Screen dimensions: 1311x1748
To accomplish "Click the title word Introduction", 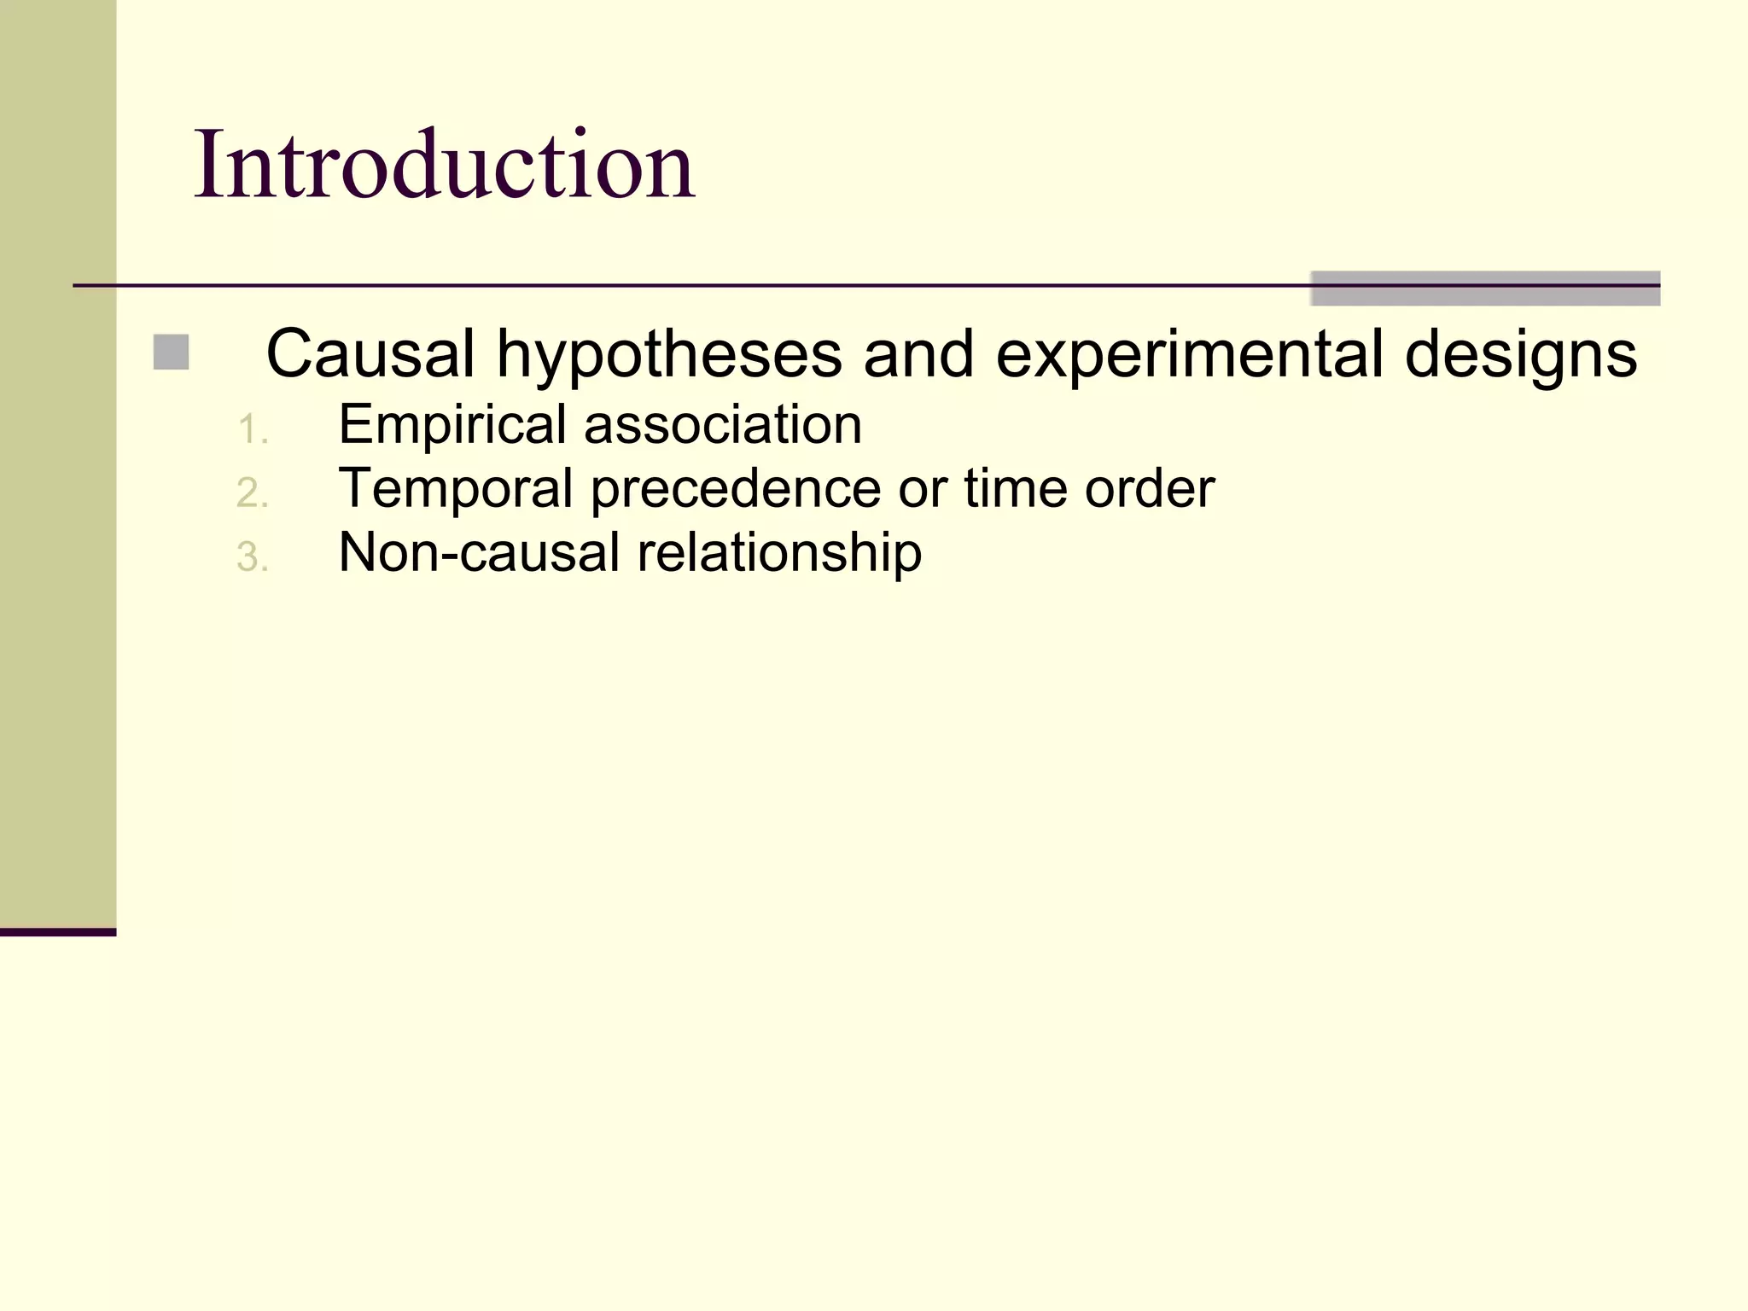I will click(444, 164).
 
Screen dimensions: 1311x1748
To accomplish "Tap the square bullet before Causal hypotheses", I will click(171, 353).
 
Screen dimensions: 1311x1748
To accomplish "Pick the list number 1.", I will click(251, 429).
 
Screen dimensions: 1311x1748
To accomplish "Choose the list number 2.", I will click(251, 493).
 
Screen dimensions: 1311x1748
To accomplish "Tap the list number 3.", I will click(251, 557).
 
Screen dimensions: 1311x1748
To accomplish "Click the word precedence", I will click(736, 489).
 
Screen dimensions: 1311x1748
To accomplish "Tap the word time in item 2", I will click(1015, 488).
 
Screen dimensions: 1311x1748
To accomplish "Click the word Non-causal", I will click(479, 552).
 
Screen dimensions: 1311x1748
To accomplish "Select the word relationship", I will click(779, 553).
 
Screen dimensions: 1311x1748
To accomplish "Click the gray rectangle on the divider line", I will click(1485, 288).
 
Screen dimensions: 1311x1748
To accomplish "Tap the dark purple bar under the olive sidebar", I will click(57, 932).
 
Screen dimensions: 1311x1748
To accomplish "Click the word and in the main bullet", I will click(918, 354).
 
